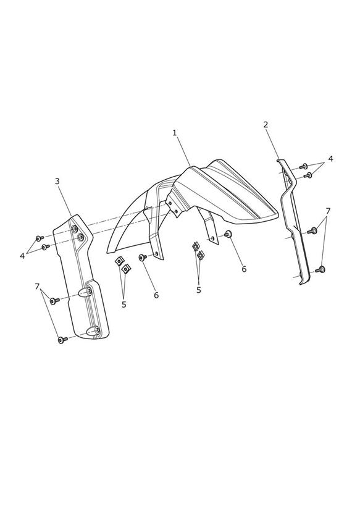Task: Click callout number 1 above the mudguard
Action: [x=175, y=133]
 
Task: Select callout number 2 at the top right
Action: [x=266, y=124]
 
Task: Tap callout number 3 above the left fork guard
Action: [x=57, y=181]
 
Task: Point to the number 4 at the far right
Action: [x=330, y=159]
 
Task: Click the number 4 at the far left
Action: [x=22, y=256]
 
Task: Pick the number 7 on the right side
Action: [x=328, y=211]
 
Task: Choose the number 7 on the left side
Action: [x=37, y=287]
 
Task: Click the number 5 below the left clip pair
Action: [x=124, y=305]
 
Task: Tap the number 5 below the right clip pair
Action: [x=199, y=290]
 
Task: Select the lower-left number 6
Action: [x=156, y=295]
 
